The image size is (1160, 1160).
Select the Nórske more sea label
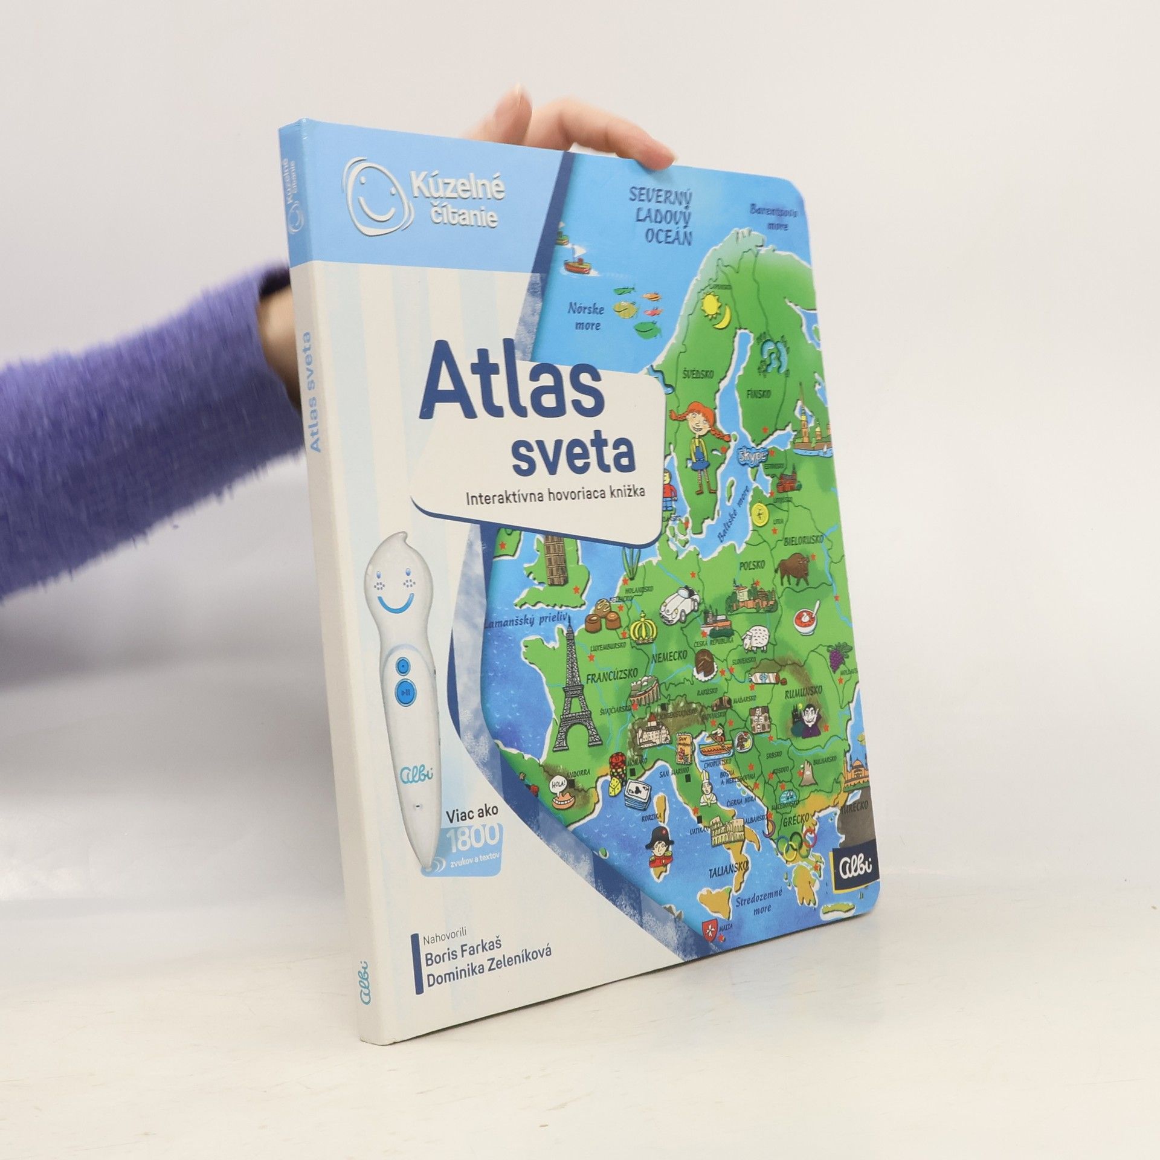point(585,316)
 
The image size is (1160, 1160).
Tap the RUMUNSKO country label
point(801,689)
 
